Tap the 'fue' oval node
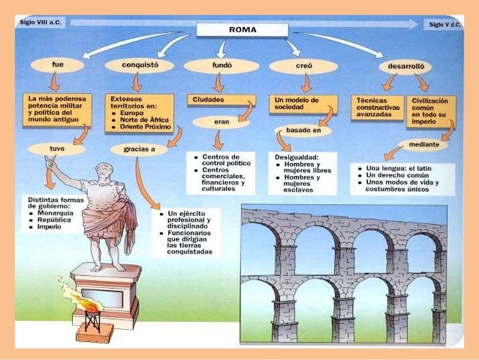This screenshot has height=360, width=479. (x=58, y=65)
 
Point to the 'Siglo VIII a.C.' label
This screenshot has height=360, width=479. (x=41, y=23)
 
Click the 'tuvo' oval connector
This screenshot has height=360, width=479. (x=57, y=149)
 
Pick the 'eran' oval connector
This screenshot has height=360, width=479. (x=221, y=122)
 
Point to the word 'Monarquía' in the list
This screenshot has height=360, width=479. (x=55, y=213)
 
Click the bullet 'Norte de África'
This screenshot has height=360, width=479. (x=142, y=119)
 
